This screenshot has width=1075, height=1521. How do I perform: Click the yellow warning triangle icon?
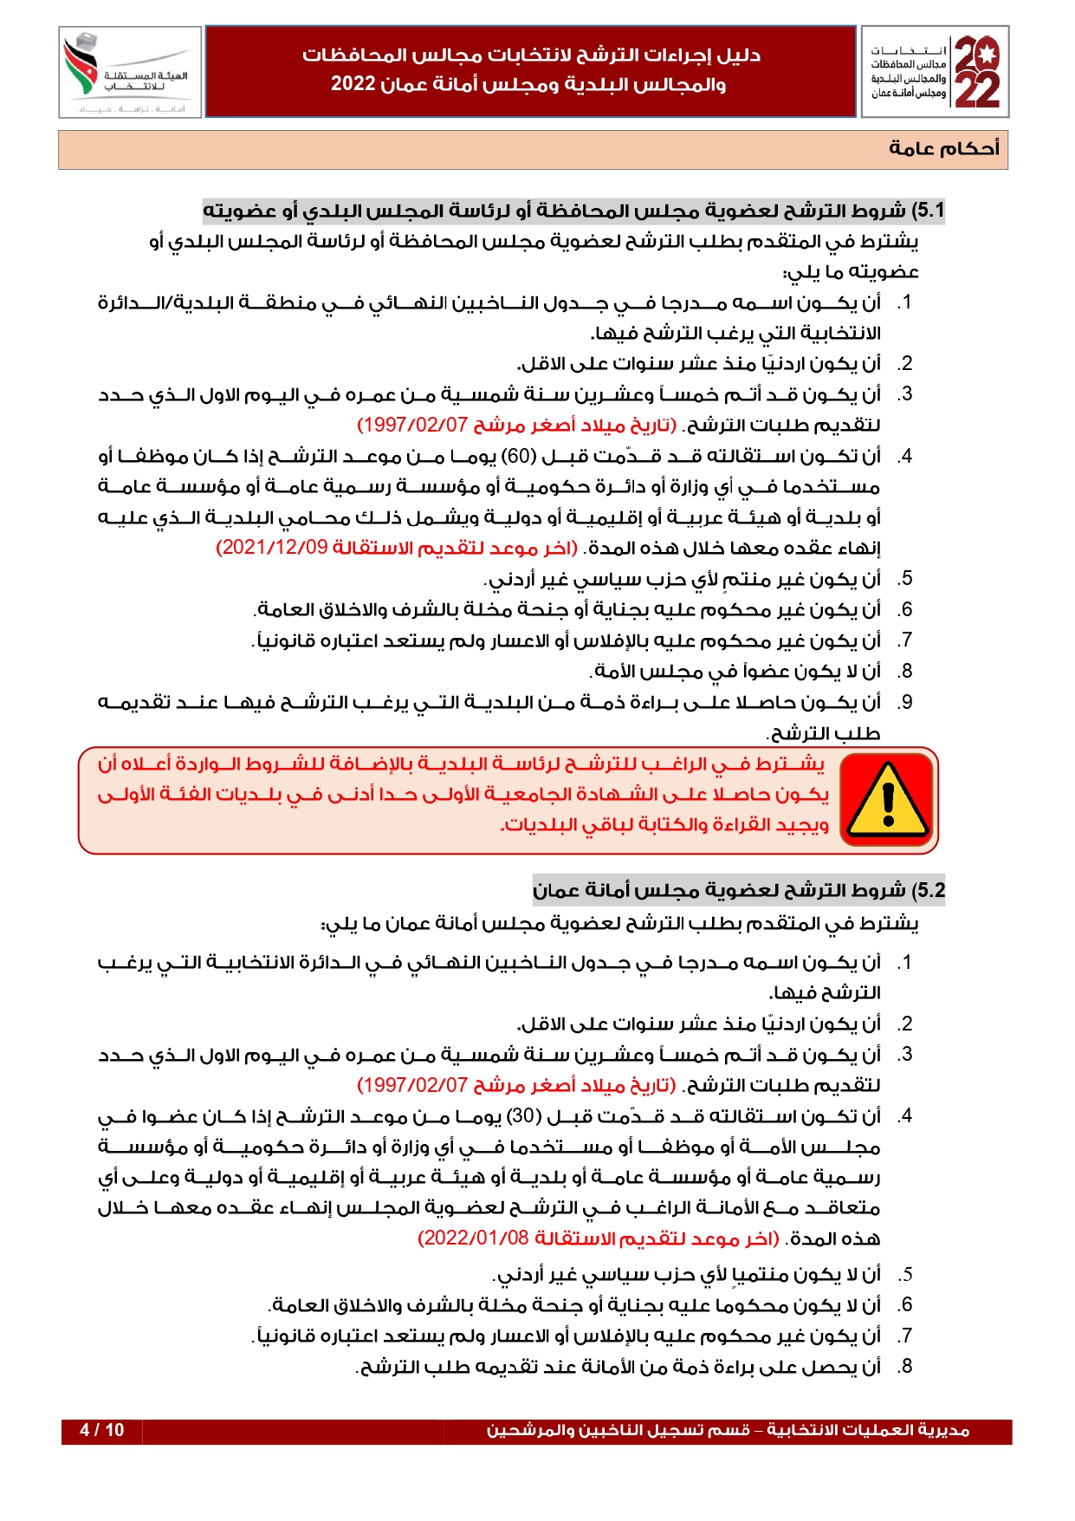click(x=888, y=800)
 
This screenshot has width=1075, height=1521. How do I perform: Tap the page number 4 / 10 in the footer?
click(x=101, y=1431)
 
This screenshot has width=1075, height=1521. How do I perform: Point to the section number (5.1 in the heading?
click(x=926, y=211)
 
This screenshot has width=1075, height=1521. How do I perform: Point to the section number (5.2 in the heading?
click(x=926, y=891)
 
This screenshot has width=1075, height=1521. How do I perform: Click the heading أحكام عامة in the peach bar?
click(x=943, y=148)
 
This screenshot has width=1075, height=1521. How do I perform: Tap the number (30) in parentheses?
click(x=524, y=1116)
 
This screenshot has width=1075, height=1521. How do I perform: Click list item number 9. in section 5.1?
click(x=904, y=703)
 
